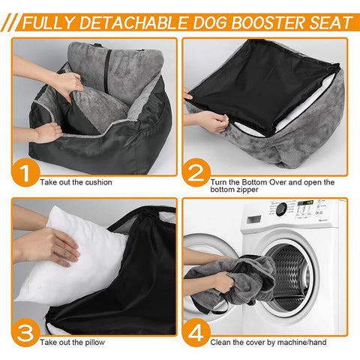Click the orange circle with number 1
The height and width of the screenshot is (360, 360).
[25, 172]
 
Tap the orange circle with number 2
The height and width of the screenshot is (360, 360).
[196, 172]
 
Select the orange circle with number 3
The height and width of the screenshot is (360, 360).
[25, 332]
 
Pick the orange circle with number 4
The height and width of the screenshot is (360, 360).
[196, 332]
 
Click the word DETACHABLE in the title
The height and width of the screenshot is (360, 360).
[133, 22]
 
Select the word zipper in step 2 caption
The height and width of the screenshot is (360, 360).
[245, 190]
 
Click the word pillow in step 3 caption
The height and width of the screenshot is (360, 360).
[94, 342]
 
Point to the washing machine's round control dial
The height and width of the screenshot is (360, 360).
[281, 208]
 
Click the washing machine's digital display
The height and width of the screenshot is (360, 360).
[305, 202]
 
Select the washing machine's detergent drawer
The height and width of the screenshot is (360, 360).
[253, 219]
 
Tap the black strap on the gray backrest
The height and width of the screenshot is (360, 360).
[108, 70]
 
